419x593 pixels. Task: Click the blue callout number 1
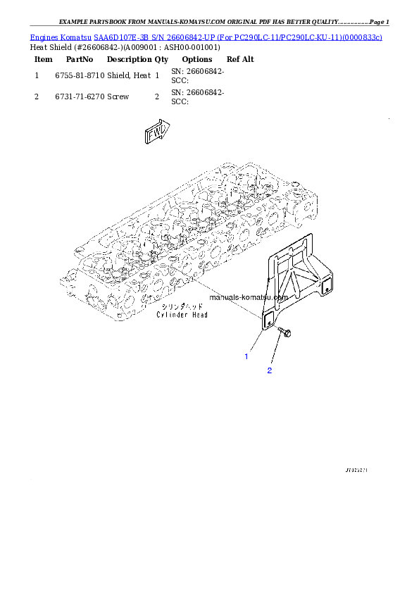[x=246, y=357]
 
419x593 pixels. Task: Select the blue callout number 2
[x=269, y=370]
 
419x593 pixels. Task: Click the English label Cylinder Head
[x=182, y=316]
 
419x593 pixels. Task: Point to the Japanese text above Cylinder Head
[x=182, y=308]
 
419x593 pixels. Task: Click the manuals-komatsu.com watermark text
[x=249, y=297]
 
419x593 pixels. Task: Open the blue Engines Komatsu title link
[x=206, y=36]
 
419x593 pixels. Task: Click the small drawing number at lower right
[x=357, y=468]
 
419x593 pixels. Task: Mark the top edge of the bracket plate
[x=289, y=242]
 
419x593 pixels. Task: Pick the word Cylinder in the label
[x=172, y=316]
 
